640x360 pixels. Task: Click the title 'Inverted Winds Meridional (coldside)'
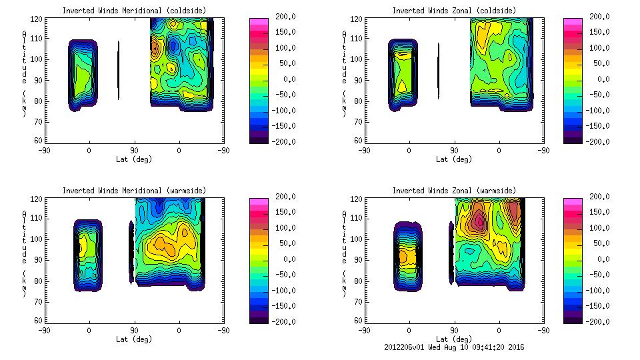(134, 11)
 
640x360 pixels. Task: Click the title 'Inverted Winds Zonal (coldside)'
(454, 11)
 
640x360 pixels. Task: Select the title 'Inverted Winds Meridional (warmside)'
(134, 191)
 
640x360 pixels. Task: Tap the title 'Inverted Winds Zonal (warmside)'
(454, 191)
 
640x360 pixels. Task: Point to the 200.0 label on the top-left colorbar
(283, 17)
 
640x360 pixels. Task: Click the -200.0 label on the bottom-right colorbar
(597, 321)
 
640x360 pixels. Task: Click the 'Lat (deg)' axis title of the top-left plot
(134, 159)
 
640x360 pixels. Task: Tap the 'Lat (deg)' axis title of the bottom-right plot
(454, 339)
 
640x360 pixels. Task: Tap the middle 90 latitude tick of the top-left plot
(134, 151)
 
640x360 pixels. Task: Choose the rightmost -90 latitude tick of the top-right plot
(543, 151)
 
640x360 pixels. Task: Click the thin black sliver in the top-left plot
(119, 70)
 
